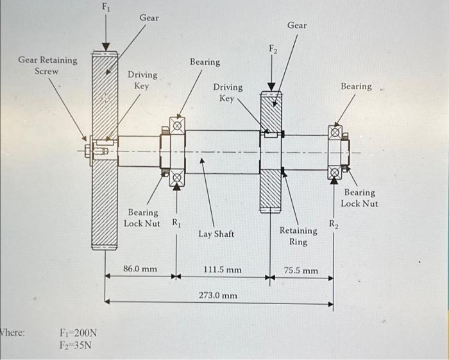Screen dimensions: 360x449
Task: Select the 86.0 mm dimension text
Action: click(140, 269)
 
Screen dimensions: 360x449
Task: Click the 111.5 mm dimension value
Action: click(223, 270)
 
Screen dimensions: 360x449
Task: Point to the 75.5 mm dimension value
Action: click(301, 271)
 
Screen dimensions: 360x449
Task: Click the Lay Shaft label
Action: click(216, 234)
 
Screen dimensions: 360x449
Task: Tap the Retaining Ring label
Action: click(298, 236)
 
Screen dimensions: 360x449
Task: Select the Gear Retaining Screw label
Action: click(47, 65)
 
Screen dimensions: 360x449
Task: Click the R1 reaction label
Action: click(175, 223)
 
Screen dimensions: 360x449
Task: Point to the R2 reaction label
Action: click(334, 224)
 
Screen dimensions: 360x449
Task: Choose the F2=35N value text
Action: click(76, 346)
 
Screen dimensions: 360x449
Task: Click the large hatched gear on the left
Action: click(105, 193)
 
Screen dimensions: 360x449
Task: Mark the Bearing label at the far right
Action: click(356, 86)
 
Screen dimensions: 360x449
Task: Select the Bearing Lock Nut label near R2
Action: click(359, 198)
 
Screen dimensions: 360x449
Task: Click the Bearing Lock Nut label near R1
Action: click(142, 218)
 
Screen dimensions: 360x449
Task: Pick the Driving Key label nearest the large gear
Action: click(141, 80)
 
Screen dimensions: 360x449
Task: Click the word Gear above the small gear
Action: click(297, 25)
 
